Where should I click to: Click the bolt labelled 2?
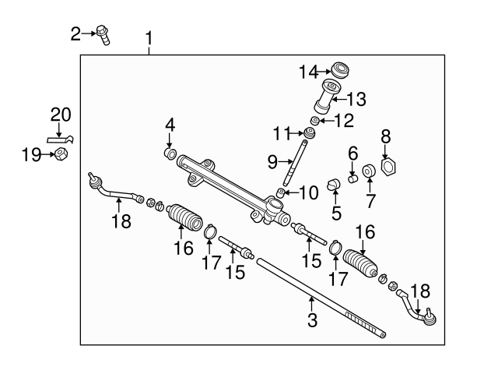point(103,34)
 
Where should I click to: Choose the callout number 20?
point(61,115)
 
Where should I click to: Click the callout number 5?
point(336,211)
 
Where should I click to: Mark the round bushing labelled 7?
point(370,171)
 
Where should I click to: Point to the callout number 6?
point(352,153)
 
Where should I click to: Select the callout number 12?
point(344,120)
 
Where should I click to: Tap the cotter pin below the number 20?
point(59,139)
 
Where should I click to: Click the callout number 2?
point(75,34)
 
